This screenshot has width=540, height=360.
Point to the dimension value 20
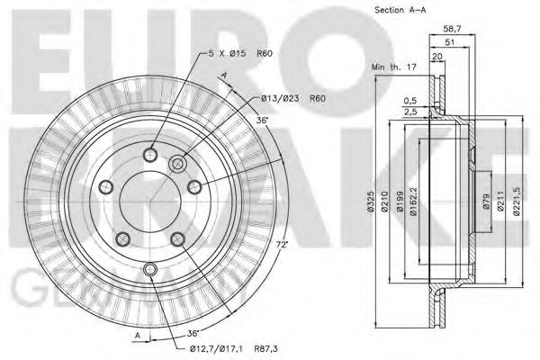click(437, 56)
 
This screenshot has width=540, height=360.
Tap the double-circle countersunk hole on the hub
click(177, 164)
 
